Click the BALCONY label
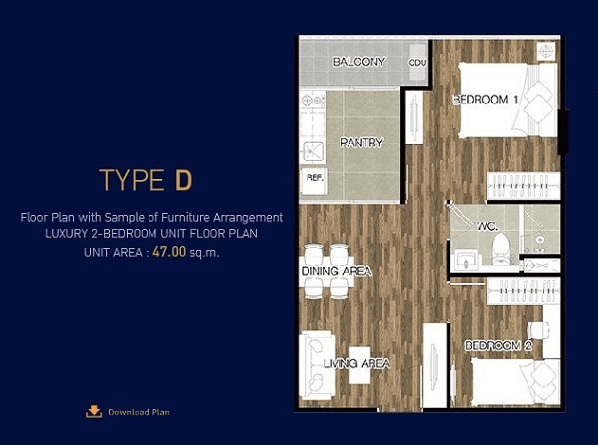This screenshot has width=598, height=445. pyautogui.click(x=359, y=62)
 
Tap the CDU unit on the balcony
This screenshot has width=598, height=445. pyautogui.click(x=417, y=62)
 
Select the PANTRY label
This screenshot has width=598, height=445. pyautogui.click(x=361, y=143)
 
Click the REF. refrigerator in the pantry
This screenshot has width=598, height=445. pyautogui.click(x=314, y=181)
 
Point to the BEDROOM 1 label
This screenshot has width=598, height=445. pyautogui.click(x=486, y=100)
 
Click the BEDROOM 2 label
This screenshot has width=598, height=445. pyautogui.click(x=498, y=346)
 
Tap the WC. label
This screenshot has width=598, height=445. pyautogui.click(x=487, y=226)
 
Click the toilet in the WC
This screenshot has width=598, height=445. pyautogui.click(x=501, y=249)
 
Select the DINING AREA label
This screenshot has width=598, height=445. pyautogui.click(x=337, y=271)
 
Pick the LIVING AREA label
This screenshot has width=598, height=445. pyautogui.click(x=357, y=363)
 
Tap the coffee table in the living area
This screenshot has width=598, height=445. pyautogui.click(x=360, y=365)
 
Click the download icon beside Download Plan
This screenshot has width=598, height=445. pyautogui.click(x=94, y=411)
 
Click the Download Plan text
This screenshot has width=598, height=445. pyautogui.click(x=139, y=412)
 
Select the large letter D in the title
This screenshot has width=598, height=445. pyautogui.click(x=183, y=180)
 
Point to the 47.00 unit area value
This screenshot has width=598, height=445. pyautogui.click(x=169, y=252)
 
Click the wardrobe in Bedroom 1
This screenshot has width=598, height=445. pyautogui.click(x=523, y=186)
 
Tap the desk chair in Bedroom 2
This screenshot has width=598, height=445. pyautogui.click(x=538, y=330)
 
